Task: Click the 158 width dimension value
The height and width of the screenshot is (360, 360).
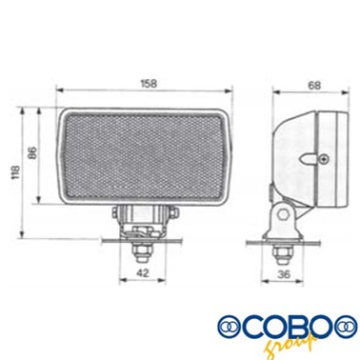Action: pyautogui.click(x=149, y=84)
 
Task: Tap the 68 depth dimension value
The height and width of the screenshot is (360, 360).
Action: pyautogui.click(x=314, y=86)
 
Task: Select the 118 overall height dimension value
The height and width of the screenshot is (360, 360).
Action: pyautogui.click(x=15, y=172)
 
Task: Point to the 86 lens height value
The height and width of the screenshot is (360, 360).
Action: pyautogui.click(x=32, y=152)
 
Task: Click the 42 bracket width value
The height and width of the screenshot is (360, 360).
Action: pyautogui.click(x=142, y=272)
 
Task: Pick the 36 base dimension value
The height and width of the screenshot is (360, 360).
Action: pyautogui.click(x=284, y=274)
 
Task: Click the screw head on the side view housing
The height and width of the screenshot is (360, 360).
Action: pyautogui.click(x=324, y=158)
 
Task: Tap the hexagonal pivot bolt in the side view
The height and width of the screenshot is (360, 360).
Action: pyautogui.click(x=282, y=214)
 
